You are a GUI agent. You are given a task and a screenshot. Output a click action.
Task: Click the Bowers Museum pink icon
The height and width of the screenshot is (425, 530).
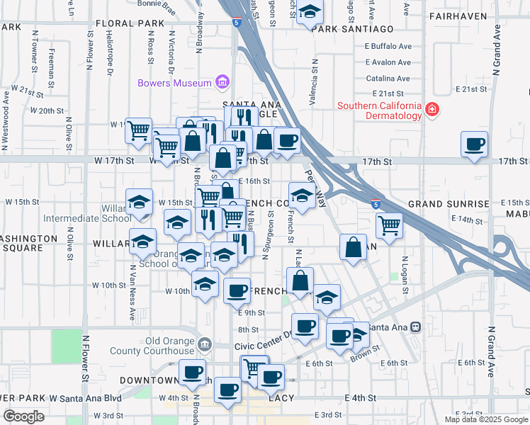pos(222,82)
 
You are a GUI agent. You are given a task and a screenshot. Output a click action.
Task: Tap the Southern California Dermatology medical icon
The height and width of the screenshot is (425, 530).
pos(432,110)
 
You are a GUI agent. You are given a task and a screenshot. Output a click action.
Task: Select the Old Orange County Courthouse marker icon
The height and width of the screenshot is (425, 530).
pos(205,344)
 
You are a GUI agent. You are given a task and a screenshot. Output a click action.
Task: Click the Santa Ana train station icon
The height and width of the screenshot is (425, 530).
pos(416,327)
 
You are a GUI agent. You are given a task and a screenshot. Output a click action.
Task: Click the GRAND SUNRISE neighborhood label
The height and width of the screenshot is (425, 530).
pos(449,204)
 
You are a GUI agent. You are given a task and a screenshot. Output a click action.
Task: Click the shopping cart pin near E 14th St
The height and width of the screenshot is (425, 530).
pos(389,225)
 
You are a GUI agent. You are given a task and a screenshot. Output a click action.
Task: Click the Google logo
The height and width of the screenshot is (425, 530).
pos(23,416)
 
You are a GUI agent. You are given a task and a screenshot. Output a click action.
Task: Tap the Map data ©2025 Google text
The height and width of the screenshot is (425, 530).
pos(485,419)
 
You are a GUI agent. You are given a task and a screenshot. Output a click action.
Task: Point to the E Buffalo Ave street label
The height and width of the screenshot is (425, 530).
pos(388,46)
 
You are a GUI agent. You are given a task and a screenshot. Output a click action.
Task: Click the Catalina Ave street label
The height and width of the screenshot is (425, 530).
pos(388,79)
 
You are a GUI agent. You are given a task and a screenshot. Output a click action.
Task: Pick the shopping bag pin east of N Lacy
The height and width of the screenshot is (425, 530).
pos(353,246)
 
